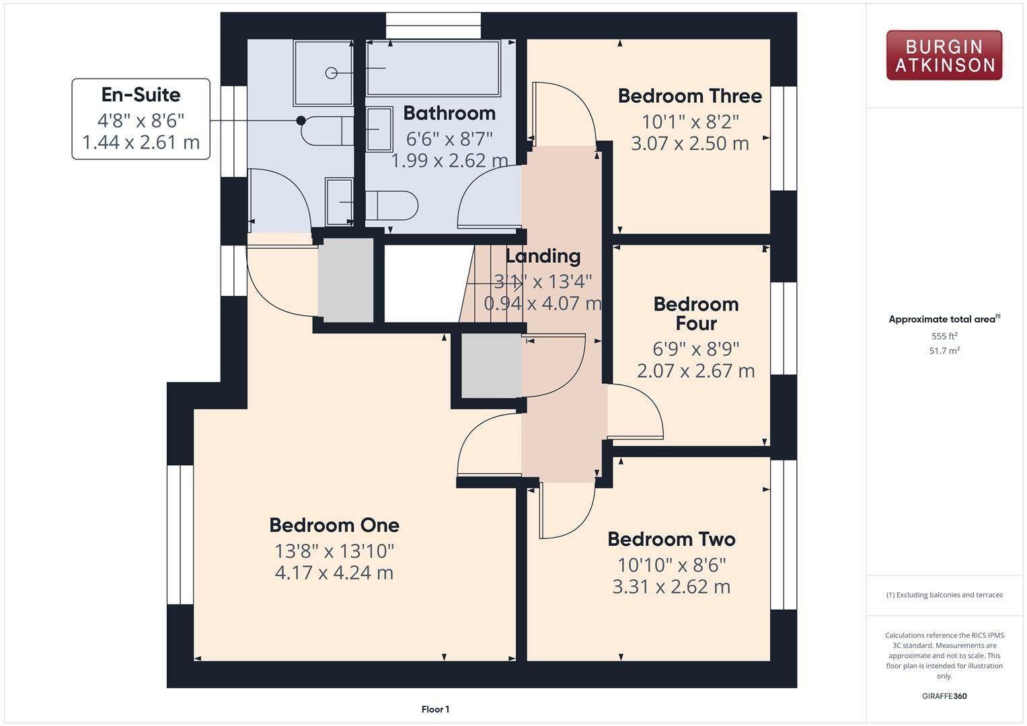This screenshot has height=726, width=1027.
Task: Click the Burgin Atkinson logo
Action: pyautogui.click(x=944, y=56)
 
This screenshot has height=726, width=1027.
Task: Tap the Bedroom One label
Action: pyautogui.click(x=334, y=525)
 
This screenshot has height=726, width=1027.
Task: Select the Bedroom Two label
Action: pyautogui.click(x=671, y=539)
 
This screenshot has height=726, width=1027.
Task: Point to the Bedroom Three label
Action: pyautogui.click(x=689, y=96)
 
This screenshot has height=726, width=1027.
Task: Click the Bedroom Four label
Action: pyautogui.click(x=696, y=314)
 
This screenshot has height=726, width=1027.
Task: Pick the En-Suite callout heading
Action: pyautogui.click(x=141, y=95)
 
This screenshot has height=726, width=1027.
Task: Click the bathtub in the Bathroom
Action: pyautogui.click(x=433, y=68)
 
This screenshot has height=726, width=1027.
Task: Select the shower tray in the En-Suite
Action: pyautogui.click(x=324, y=72)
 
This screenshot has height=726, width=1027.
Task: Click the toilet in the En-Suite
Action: pyautogui.click(x=326, y=131)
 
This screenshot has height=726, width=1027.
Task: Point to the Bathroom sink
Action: pyautogui.click(x=379, y=129)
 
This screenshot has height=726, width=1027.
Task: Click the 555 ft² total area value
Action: pyautogui.click(x=944, y=336)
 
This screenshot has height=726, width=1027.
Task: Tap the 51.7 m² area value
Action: pyautogui.click(x=944, y=351)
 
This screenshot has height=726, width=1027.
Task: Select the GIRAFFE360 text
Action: pyautogui.click(x=944, y=696)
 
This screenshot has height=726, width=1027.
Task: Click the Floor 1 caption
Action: pyautogui.click(x=435, y=709)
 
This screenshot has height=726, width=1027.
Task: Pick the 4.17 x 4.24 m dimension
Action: pyautogui.click(x=334, y=573)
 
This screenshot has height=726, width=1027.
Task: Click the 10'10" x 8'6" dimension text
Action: pyautogui.click(x=671, y=565)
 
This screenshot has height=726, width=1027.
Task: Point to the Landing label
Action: pyautogui.click(x=543, y=256)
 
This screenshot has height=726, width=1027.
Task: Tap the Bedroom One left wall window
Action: pyautogui.click(x=180, y=534)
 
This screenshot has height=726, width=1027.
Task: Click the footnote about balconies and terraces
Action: pyautogui.click(x=944, y=595)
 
